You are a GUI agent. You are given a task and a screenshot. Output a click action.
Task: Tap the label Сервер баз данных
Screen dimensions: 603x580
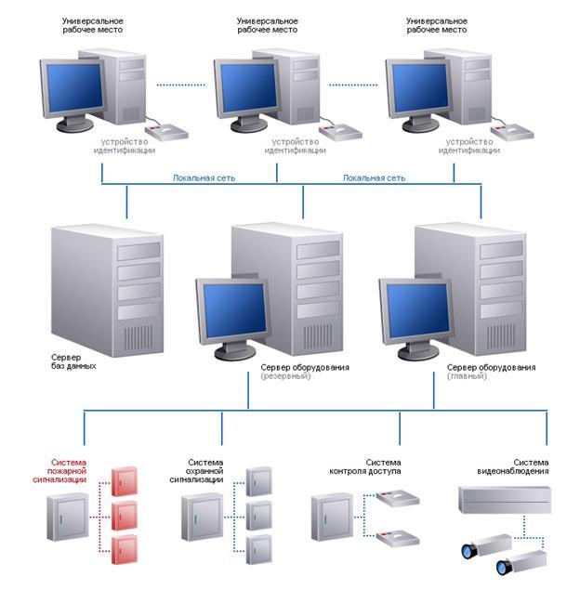[74, 360]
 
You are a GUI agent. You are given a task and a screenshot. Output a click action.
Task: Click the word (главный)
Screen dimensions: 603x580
[466, 376]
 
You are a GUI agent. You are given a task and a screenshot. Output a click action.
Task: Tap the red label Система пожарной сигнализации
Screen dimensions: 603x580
[69, 470]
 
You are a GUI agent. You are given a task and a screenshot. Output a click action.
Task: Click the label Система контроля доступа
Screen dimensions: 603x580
[364, 466]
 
